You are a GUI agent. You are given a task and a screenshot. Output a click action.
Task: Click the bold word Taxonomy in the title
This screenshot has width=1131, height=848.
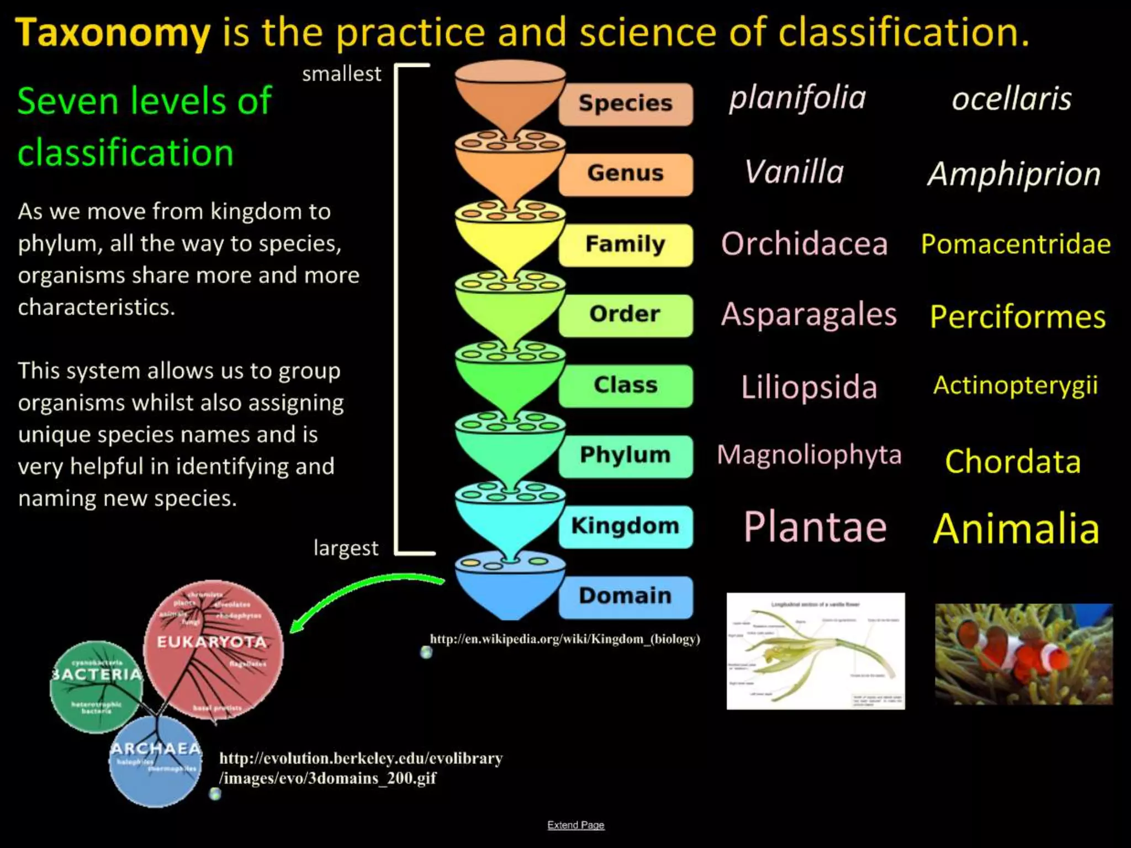coord(113,33)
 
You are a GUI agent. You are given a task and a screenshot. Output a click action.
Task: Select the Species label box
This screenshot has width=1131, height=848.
coord(626,104)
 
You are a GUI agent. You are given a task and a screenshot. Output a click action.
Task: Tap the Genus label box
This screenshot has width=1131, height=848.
coord(626,174)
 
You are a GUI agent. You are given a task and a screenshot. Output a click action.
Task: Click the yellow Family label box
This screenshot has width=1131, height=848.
coord(626,245)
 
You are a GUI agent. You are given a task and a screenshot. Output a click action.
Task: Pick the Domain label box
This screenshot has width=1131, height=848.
coord(626,596)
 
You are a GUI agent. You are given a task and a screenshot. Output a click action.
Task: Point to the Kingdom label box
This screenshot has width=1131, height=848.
coord(626,526)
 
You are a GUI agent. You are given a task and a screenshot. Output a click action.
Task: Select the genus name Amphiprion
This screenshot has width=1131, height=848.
coord(1014,174)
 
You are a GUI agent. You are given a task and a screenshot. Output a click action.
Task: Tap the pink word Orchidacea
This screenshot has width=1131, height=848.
coord(804,244)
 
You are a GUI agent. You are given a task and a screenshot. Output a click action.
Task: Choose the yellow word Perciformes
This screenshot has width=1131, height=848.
coord(1017,317)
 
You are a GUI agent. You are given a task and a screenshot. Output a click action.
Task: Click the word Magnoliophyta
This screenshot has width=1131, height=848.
coord(809,455)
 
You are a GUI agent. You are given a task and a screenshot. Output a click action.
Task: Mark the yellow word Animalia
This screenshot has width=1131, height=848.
coord(1016,529)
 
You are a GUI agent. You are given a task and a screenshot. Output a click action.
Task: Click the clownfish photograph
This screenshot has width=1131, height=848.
coord(1023,654)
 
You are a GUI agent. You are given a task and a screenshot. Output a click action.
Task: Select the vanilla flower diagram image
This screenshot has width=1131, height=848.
coord(815,651)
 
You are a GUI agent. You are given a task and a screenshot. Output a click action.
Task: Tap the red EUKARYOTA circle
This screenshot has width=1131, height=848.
coord(213,649)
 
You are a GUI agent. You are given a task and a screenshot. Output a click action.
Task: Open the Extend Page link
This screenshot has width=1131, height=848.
coord(575,825)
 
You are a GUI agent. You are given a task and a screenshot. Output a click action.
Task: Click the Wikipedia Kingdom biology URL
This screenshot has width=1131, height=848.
coord(564,639)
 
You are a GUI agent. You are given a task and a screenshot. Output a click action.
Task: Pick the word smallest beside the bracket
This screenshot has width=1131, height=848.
coord(341,74)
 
